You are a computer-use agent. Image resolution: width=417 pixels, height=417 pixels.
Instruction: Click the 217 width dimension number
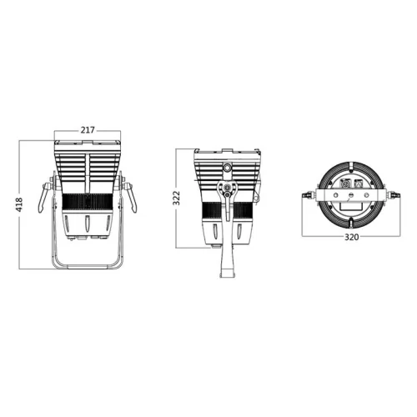(x=88, y=130)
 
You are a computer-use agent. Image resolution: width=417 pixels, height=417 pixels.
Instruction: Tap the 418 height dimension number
(x=19, y=204)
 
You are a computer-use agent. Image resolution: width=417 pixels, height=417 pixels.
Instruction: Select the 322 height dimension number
(x=176, y=198)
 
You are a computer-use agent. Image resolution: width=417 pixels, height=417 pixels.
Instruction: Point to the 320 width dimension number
(x=352, y=237)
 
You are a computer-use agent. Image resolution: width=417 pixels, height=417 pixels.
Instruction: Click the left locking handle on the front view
(x=44, y=197)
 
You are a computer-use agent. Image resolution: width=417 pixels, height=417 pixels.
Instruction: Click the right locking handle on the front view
(x=130, y=197)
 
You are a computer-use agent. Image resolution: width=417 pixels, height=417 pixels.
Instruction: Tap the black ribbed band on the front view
(x=88, y=202)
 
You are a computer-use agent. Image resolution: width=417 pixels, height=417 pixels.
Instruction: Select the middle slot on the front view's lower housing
(x=88, y=224)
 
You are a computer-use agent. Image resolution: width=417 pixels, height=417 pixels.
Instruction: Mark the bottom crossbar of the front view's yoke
(x=88, y=267)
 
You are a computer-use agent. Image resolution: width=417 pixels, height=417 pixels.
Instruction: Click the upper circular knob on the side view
(x=228, y=168)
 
